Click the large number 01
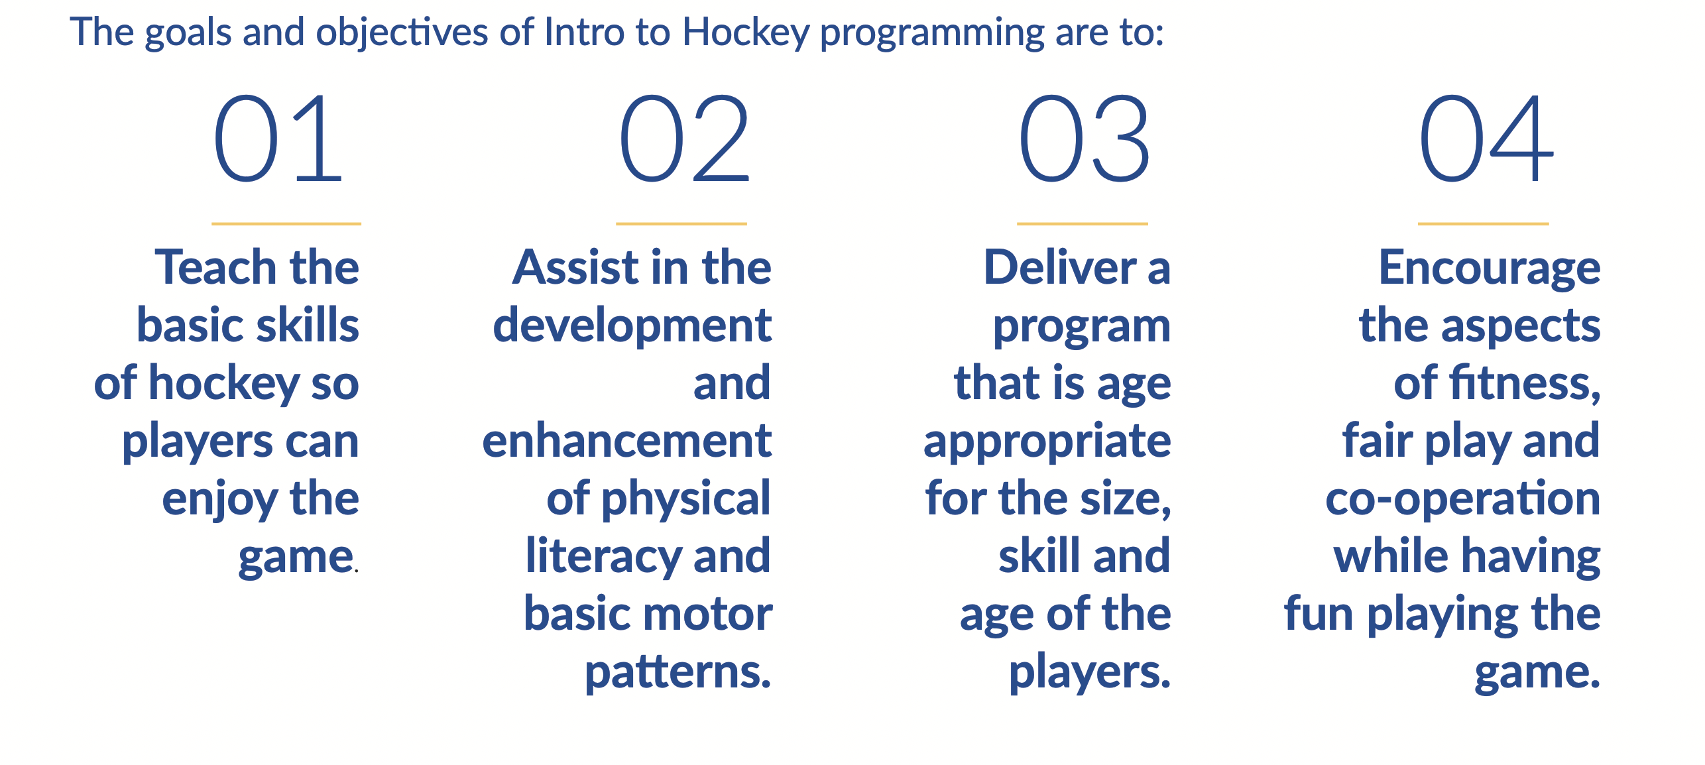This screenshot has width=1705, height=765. click(278, 138)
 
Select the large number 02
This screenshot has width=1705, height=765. click(684, 138)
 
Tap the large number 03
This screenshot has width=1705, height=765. click(1085, 138)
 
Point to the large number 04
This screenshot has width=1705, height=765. click(1486, 138)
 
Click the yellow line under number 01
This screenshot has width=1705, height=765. click(286, 224)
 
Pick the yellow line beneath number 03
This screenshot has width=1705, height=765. click(1083, 224)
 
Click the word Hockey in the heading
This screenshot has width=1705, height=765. click(746, 32)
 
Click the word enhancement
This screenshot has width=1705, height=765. click(627, 441)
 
